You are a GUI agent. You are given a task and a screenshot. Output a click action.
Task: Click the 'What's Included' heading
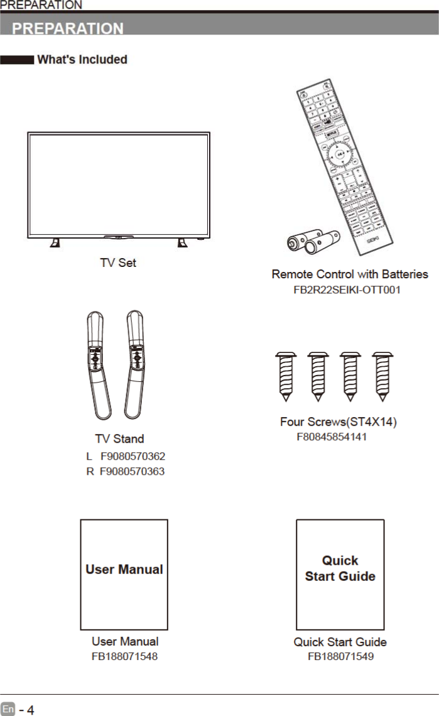(82, 60)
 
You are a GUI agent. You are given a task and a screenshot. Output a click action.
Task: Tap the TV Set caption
(118, 263)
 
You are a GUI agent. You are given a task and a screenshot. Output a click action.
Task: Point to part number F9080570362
(133, 456)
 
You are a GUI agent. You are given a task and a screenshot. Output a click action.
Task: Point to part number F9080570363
(133, 470)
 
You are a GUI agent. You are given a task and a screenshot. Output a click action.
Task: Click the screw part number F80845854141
(332, 437)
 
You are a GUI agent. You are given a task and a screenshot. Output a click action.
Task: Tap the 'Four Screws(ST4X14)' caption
(338, 421)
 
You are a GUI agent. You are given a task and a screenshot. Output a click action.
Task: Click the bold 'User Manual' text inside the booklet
(124, 570)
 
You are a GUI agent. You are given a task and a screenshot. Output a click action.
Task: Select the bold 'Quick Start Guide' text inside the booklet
(340, 568)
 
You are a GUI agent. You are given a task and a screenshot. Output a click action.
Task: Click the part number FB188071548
(124, 656)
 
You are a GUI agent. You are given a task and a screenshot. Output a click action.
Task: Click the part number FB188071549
(340, 656)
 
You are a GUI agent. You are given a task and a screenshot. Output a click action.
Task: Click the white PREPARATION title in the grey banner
(68, 28)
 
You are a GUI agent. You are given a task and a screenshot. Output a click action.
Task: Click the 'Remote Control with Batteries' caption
(350, 274)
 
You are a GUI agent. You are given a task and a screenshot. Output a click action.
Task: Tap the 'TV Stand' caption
(119, 438)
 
